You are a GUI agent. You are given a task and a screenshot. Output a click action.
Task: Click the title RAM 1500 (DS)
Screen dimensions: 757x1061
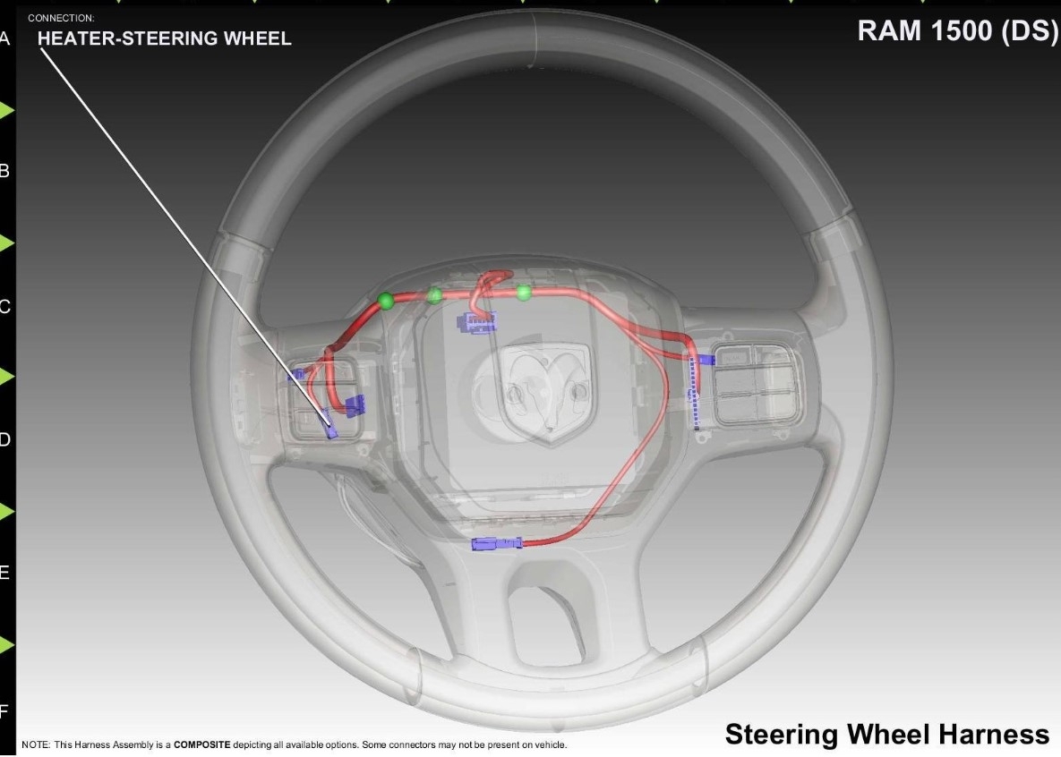pyautogui.click(x=957, y=31)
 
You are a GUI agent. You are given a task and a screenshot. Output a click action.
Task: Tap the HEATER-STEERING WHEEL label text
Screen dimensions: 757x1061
pyautogui.click(x=164, y=38)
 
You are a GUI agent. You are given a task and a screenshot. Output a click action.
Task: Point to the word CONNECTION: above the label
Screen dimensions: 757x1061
pyautogui.click(x=61, y=18)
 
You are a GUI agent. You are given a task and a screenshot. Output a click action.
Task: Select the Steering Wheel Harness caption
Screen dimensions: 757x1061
pyautogui.click(x=886, y=735)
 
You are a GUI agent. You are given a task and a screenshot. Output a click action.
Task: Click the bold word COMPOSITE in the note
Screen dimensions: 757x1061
pyautogui.click(x=201, y=744)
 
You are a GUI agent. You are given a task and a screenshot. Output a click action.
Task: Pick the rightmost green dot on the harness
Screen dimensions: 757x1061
pyautogui.click(x=524, y=292)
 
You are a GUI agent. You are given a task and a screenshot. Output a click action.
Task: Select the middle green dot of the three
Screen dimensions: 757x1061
pyautogui.click(x=435, y=295)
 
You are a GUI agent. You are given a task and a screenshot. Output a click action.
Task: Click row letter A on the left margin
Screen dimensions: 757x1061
pyautogui.click(x=5, y=38)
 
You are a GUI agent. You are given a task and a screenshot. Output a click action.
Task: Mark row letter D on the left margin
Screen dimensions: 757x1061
pyautogui.click(x=5, y=439)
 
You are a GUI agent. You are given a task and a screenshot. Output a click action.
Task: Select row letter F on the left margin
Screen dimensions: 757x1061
pyautogui.click(x=5, y=711)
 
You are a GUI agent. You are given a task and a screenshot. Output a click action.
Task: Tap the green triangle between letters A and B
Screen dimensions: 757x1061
pyautogui.click(x=7, y=110)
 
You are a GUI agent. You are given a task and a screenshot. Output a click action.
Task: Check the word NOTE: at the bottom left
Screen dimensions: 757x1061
pyautogui.click(x=35, y=744)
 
